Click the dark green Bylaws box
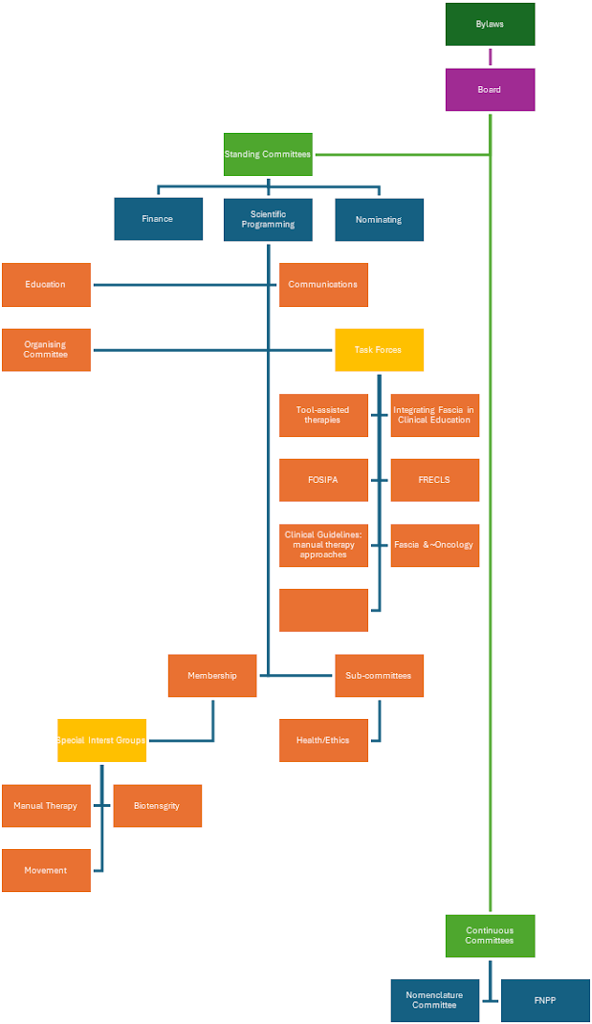click(490, 24)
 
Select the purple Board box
click(490, 90)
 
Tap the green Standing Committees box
click(268, 154)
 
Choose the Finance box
click(158, 219)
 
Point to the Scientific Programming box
click(268, 219)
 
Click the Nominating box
click(379, 219)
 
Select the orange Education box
click(46, 285)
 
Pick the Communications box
click(323, 285)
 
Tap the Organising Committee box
click(46, 350)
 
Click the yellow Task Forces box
click(379, 350)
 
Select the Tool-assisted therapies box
click(323, 415)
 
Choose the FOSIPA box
click(323, 480)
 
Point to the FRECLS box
click(434, 480)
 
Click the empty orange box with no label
click(323, 610)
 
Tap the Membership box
click(212, 675)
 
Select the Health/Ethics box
click(323, 740)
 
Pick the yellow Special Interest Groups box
click(101, 740)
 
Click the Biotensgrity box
click(158, 806)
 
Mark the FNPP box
click(545, 1000)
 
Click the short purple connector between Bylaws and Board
click(490, 56)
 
